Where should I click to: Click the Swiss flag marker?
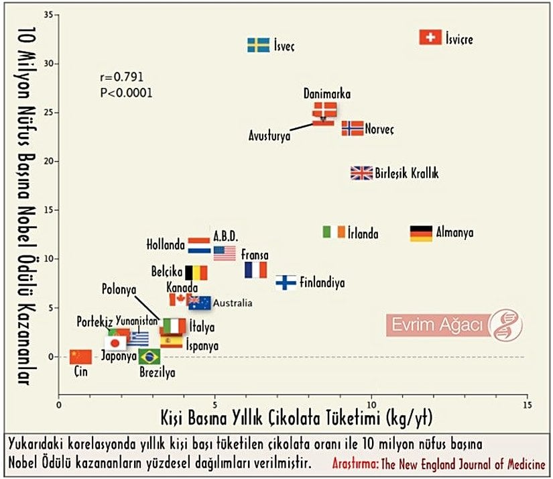pos(430,38)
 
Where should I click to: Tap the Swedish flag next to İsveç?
pos(259,45)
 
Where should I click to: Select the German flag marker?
pos(421,233)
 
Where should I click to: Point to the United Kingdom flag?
pos(361,173)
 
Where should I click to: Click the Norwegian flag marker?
pos(353,128)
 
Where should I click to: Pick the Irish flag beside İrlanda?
pos(334,232)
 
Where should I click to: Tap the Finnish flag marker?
pos(286,282)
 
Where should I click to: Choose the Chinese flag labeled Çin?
pos(80,356)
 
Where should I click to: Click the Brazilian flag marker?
pos(149,356)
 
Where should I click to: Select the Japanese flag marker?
pos(115,343)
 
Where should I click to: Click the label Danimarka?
pos(326,94)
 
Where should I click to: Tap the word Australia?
pos(233,303)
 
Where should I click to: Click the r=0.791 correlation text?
pos(121,77)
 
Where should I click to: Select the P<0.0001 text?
pos(126,93)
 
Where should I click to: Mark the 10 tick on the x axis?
pos(371,406)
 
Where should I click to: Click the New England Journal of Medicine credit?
pos(439,464)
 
